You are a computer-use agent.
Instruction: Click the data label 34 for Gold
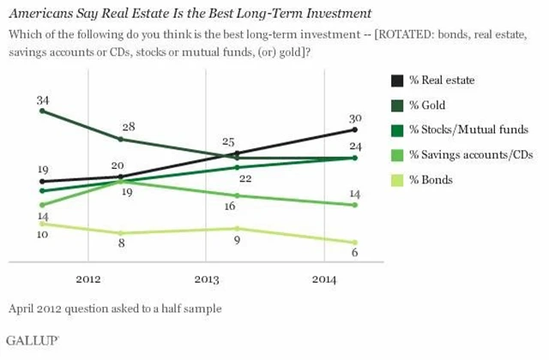coord(42,100)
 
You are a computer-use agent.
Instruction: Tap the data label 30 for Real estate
coord(354,117)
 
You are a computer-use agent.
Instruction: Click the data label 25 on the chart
coord(228,141)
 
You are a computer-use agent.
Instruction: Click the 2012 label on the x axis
coord(88,279)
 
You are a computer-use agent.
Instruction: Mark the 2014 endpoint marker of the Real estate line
coord(353,129)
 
